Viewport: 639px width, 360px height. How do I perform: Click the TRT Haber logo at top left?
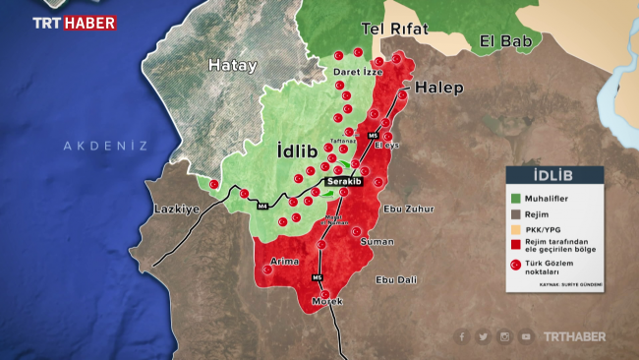[x=73, y=22]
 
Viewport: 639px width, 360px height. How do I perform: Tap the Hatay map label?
[x=232, y=66]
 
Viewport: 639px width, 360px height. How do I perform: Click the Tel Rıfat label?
[x=395, y=29]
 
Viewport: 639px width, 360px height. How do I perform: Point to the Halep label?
[x=438, y=88]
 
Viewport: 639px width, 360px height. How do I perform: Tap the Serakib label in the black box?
[x=345, y=183]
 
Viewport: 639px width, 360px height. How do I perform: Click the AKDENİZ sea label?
[x=105, y=146]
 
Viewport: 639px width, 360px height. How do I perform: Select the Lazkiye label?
[x=177, y=210]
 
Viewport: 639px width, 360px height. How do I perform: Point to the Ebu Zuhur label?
[x=408, y=209]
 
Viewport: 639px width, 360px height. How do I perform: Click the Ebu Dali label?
[x=396, y=279]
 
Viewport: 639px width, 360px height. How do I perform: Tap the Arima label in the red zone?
[x=284, y=262]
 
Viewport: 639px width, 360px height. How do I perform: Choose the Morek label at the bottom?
[x=327, y=300]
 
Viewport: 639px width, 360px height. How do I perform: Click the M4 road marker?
[x=262, y=207]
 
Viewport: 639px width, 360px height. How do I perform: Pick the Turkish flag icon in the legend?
[x=513, y=265]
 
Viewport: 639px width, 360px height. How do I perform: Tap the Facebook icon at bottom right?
[x=461, y=336]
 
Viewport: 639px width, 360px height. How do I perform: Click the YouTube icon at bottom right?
[x=527, y=336]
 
